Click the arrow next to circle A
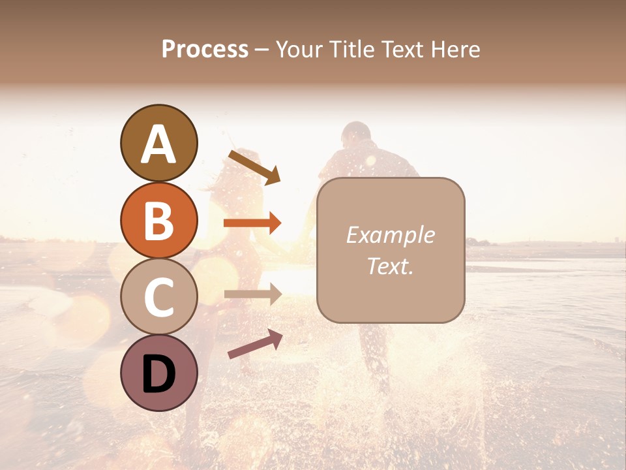[x=254, y=167]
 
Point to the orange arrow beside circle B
[x=252, y=223]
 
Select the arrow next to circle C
[x=252, y=294]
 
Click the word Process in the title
[x=205, y=49]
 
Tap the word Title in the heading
[x=351, y=49]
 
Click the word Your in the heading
[x=299, y=49]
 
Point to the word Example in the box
[x=390, y=235]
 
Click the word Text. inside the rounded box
[x=390, y=266]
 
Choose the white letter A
[x=158, y=144]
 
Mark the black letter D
[x=158, y=374]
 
